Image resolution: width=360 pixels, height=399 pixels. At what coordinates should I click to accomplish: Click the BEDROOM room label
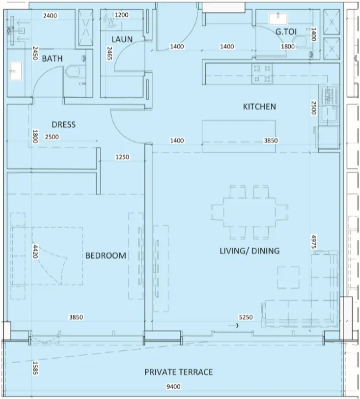tap(106, 256)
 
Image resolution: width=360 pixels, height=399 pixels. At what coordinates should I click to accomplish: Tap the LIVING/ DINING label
tap(249, 251)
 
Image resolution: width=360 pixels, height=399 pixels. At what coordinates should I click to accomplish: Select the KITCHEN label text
tap(259, 106)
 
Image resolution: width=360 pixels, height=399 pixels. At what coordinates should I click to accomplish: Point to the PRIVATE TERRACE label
tap(179, 372)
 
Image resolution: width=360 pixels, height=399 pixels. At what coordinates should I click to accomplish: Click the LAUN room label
tap(122, 39)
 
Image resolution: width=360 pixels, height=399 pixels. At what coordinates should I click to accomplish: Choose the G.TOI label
tap(286, 32)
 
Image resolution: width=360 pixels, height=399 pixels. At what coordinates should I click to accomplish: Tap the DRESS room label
tap(64, 124)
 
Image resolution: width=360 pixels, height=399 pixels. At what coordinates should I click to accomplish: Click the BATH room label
tap(52, 58)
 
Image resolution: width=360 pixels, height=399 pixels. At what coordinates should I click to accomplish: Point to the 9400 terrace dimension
tap(173, 387)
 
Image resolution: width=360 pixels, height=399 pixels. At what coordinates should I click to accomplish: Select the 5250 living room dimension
tap(246, 317)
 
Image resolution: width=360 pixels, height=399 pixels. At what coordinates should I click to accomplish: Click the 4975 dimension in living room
tap(314, 242)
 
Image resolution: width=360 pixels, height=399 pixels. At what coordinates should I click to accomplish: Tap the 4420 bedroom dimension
tap(35, 252)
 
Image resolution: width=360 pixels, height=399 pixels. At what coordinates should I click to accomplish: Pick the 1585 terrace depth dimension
tap(35, 368)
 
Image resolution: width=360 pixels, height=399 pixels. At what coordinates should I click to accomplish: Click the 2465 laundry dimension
tap(110, 53)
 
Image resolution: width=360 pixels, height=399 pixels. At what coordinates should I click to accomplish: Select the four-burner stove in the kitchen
tap(262, 74)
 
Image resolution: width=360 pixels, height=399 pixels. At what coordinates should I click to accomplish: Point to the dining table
tap(249, 213)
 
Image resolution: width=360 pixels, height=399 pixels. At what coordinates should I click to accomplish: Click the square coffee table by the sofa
tap(288, 277)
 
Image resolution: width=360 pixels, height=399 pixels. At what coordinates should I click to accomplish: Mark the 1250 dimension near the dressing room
tap(122, 157)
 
